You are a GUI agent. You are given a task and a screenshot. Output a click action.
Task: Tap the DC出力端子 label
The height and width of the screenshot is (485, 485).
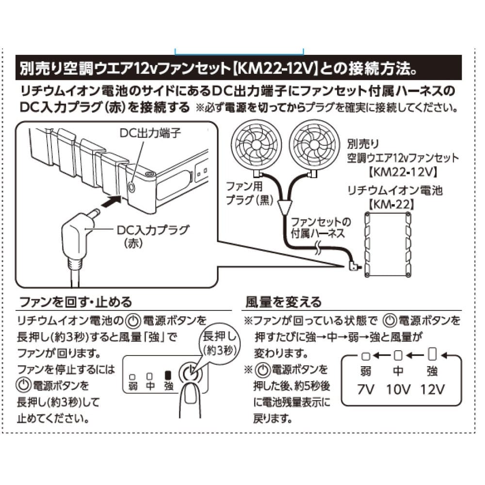[150, 133]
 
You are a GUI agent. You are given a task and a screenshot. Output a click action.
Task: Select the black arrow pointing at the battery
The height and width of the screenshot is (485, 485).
[112, 201]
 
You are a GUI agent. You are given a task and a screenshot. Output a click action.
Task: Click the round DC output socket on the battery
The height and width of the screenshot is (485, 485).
[132, 187]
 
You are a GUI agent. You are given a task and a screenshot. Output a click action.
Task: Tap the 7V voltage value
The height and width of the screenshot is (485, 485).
[366, 389]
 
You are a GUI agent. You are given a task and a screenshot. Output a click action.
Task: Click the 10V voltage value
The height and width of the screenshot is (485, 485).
[398, 389]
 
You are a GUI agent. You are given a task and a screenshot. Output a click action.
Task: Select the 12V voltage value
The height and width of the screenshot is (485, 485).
[433, 389]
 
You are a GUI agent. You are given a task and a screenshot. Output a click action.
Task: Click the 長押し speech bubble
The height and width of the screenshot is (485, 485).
[219, 343]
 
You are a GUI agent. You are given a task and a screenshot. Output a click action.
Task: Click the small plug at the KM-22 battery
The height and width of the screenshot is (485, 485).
[354, 266]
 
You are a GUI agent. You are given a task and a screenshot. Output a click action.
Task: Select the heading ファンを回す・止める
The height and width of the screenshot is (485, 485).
[76, 302]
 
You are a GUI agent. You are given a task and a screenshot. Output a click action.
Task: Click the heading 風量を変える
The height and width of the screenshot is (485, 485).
[283, 302]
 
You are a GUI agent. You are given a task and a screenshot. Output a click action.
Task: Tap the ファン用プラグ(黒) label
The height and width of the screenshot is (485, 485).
[250, 194]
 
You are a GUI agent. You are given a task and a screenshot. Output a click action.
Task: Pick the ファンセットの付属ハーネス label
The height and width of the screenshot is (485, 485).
[321, 228]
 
